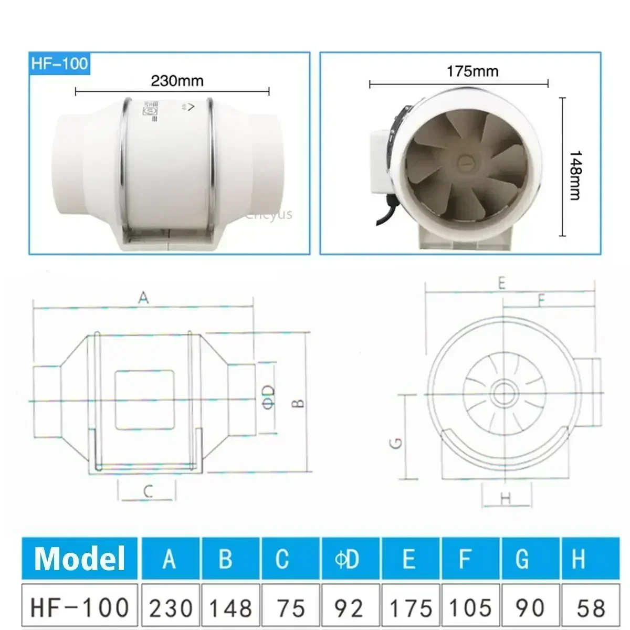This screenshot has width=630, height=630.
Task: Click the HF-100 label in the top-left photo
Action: pyautogui.click(x=59, y=64)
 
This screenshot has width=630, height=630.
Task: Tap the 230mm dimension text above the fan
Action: pyautogui.click(x=177, y=81)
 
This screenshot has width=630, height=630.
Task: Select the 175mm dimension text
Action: pyautogui.click(x=472, y=71)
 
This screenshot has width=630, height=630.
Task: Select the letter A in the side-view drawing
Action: pyautogui.click(x=143, y=298)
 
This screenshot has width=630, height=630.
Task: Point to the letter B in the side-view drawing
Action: pyautogui.click(x=298, y=403)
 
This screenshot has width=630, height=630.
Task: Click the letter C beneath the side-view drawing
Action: pyautogui.click(x=148, y=492)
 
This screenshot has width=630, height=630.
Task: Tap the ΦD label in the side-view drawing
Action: pyautogui.click(x=268, y=397)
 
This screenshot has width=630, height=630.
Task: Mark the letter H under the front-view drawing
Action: pyautogui.click(x=506, y=498)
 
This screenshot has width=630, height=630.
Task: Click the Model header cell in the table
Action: pyautogui.click(x=80, y=558)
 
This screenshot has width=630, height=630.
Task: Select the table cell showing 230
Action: pyautogui.click(x=171, y=607)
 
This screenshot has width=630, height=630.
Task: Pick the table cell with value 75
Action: pyautogui.click(x=291, y=607)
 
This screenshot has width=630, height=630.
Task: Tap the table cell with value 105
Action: pyautogui.click(x=470, y=607)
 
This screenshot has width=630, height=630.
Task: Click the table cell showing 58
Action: pyautogui.click(x=591, y=607)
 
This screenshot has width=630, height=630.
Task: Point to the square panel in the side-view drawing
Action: pyautogui.click(x=144, y=400)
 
